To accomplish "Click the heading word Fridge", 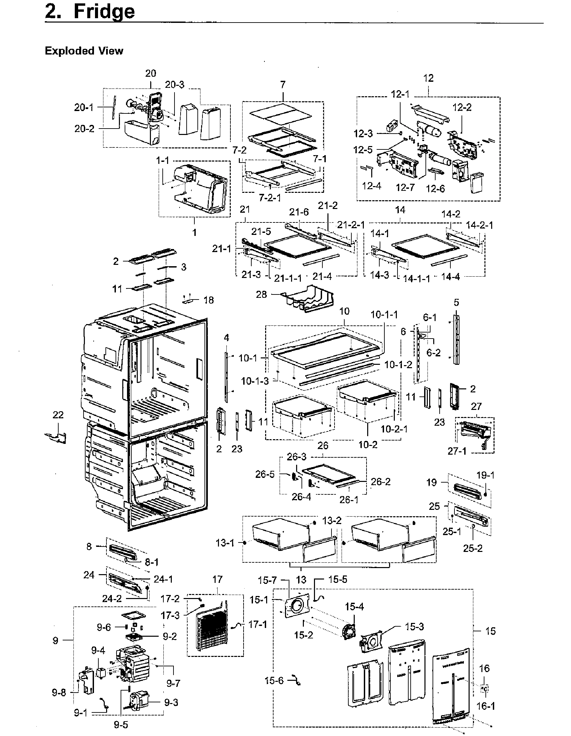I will [104, 11].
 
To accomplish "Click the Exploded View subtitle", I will [84, 51].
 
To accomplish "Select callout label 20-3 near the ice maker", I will [175, 84].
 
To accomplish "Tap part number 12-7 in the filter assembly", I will [405, 187].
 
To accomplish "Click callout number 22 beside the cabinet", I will [58, 415].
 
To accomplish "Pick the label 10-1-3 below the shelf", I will [255, 381].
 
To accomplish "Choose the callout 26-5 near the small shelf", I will [265, 474].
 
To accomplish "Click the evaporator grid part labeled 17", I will [214, 629].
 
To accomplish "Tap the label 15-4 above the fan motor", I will [354, 606].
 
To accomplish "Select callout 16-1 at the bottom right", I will [485, 706].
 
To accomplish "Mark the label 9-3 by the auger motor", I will [171, 703].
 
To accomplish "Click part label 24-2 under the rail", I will [112, 598].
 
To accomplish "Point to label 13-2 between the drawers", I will [331, 521].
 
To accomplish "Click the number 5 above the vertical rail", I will [456, 302].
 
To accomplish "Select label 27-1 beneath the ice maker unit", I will [457, 451].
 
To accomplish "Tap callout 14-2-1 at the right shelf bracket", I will [479, 225].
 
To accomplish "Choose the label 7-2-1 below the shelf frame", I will [269, 198].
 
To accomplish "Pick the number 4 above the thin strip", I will [226, 337].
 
